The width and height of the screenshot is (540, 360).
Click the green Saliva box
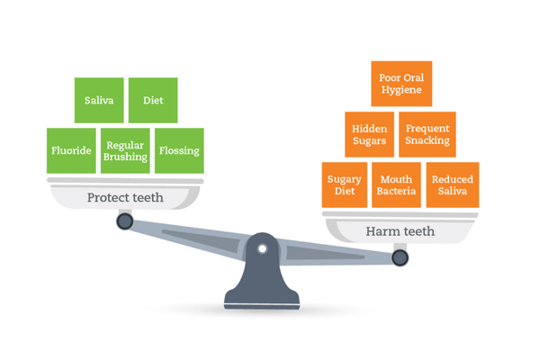(x=99, y=100)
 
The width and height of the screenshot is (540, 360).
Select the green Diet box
(x=153, y=100)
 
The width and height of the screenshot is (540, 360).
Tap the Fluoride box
(x=71, y=150)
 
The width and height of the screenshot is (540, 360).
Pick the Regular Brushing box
(x=125, y=150)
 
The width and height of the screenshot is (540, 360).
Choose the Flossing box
(x=179, y=150)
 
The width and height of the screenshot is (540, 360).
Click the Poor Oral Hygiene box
(x=401, y=84)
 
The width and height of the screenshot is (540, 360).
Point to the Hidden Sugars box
(x=370, y=134)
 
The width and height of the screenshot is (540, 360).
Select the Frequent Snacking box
(x=427, y=134)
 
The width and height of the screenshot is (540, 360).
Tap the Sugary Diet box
(x=345, y=185)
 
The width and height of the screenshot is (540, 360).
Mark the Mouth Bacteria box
(x=396, y=185)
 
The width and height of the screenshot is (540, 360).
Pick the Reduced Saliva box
(x=453, y=185)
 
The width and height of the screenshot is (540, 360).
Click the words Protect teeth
(x=125, y=197)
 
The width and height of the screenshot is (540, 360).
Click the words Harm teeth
(x=400, y=231)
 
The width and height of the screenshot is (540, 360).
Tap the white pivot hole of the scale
(x=263, y=248)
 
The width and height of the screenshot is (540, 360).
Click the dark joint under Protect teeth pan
(x=125, y=221)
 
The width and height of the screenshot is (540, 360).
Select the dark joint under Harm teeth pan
(x=400, y=257)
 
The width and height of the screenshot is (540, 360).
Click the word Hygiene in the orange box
(x=401, y=90)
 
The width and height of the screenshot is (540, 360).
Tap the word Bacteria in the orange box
(x=396, y=191)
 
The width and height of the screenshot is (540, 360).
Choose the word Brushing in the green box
(x=125, y=157)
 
